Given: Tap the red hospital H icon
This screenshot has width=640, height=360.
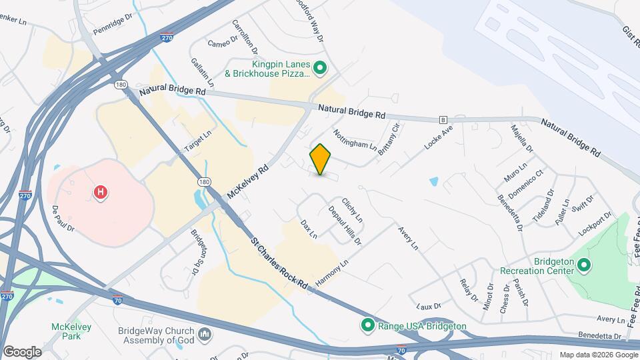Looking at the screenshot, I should pyautogui.click(x=101, y=193).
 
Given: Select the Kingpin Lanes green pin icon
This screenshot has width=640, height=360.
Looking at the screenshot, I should pyautogui.click(x=320, y=67).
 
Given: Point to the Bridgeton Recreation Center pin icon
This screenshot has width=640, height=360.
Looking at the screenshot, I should pyautogui.click(x=584, y=266).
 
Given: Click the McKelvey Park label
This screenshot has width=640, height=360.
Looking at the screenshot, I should pyautogui.click(x=67, y=331).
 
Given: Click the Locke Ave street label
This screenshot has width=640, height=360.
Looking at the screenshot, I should pyautogui.click(x=437, y=135).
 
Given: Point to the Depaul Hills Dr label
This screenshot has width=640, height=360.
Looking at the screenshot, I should pyautogui.click(x=345, y=224).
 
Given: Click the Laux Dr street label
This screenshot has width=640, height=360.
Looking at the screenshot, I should pyautogui.click(x=429, y=306).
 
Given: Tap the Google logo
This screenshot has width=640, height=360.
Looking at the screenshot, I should pyautogui.click(x=22, y=351).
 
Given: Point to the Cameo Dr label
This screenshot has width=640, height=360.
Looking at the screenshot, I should pyautogui.click(x=222, y=43).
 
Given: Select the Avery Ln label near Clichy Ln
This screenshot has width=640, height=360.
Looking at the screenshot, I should pyautogui.click(x=408, y=238).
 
